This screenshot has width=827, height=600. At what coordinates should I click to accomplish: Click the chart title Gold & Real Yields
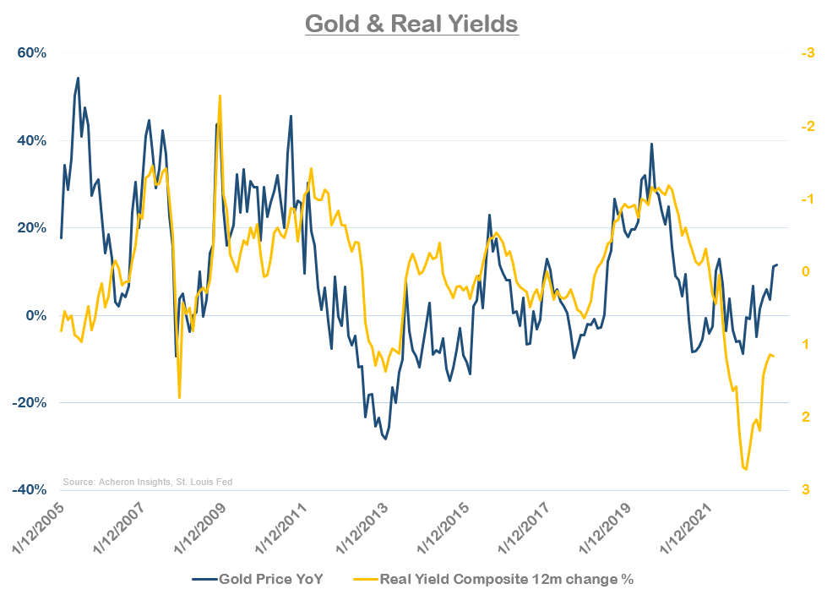[x=411, y=24]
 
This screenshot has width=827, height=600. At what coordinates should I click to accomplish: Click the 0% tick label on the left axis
[x=35, y=315]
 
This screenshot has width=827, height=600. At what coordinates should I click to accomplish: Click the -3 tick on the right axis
[x=807, y=53]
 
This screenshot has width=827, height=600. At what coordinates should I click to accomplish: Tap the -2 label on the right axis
[x=807, y=127]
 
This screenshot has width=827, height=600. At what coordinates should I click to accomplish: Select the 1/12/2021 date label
[x=690, y=532]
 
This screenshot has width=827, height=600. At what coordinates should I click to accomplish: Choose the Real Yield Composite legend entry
[x=505, y=579]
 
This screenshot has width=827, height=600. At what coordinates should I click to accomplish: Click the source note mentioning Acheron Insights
[x=147, y=482]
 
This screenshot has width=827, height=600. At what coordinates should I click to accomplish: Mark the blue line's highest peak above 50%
[x=79, y=78]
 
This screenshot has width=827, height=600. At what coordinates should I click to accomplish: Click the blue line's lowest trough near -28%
[x=386, y=439]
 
